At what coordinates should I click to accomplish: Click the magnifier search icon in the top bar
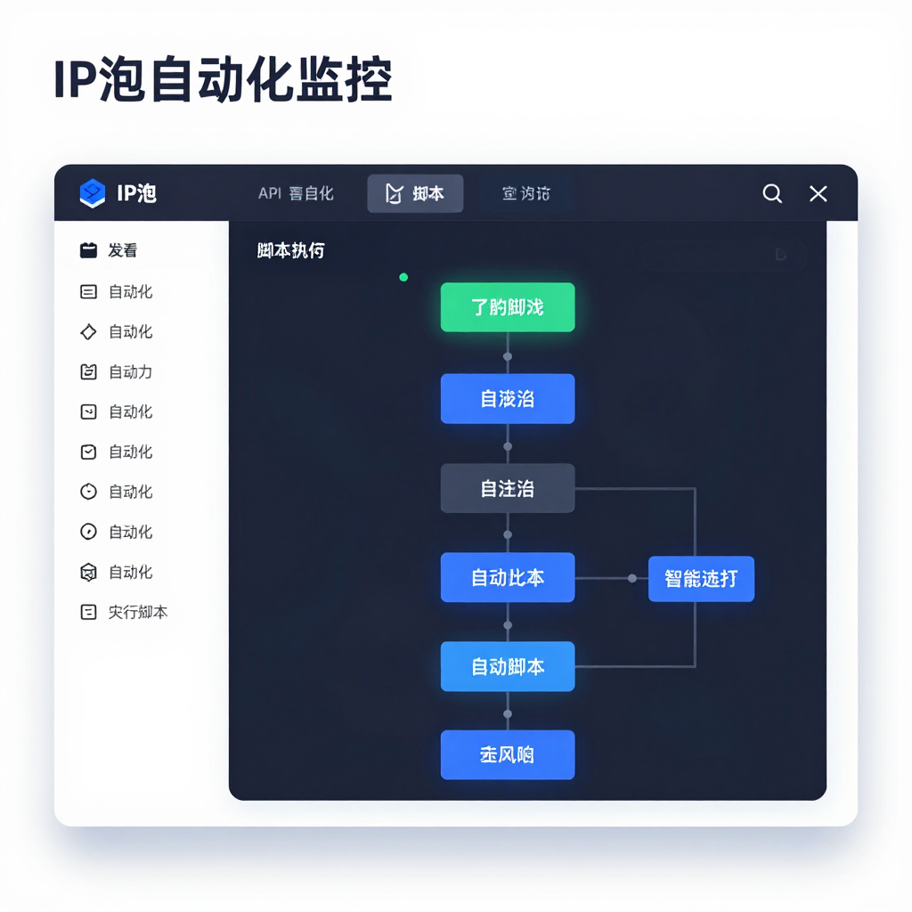tap(772, 193)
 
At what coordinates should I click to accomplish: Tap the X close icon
tap(818, 193)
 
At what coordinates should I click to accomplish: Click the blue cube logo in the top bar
tap(92, 193)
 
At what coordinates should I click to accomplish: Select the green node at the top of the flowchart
tap(508, 307)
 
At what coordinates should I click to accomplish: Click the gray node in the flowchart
tap(508, 488)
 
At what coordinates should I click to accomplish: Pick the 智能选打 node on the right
tap(701, 578)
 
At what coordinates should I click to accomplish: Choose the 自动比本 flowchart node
tap(508, 578)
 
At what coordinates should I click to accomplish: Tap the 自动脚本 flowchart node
tap(508, 666)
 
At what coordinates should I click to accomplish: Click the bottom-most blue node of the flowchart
tap(508, 755)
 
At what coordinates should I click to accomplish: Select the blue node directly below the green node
tap(508, 398)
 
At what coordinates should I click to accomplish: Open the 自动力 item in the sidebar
tap(130, 372)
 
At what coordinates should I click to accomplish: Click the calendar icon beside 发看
tap(88, 250)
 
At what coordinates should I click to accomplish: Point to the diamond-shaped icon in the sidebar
tap(88, 332)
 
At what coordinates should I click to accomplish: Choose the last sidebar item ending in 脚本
tap(137, 612)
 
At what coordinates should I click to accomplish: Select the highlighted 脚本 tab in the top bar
tap(415, 193)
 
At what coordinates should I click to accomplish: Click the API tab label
tap(270, 193)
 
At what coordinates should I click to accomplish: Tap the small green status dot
tap(403, 277)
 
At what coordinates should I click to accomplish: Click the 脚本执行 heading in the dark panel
tap(290, 250)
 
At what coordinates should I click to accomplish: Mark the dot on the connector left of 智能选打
tap(632, 578)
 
